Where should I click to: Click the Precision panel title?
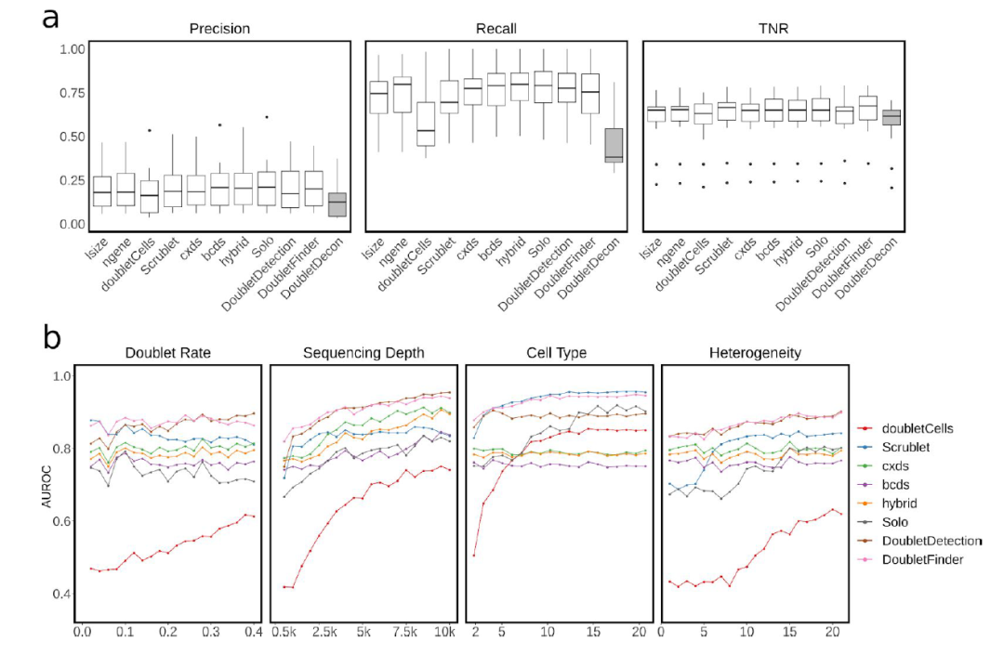coord(219,28)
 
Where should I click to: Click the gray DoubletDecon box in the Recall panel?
coord(614,145)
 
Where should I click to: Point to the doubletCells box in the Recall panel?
coord(426,124)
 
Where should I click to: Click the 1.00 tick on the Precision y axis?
coord(73,48)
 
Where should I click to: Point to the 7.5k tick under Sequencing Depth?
coord(405,632)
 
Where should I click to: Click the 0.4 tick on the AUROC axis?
coord(61,594)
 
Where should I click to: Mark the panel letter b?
coord(53,337)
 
